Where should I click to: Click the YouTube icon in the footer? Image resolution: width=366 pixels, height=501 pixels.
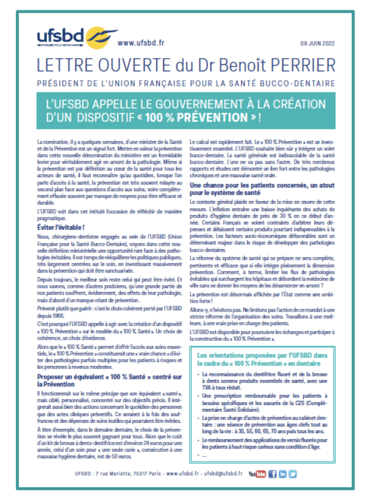257,473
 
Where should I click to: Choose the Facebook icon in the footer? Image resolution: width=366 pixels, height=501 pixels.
272,473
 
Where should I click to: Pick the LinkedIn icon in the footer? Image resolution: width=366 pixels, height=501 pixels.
282,473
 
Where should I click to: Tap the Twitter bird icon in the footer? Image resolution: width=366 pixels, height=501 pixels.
293,473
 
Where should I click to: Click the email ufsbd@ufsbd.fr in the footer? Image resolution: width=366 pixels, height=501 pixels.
218,474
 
